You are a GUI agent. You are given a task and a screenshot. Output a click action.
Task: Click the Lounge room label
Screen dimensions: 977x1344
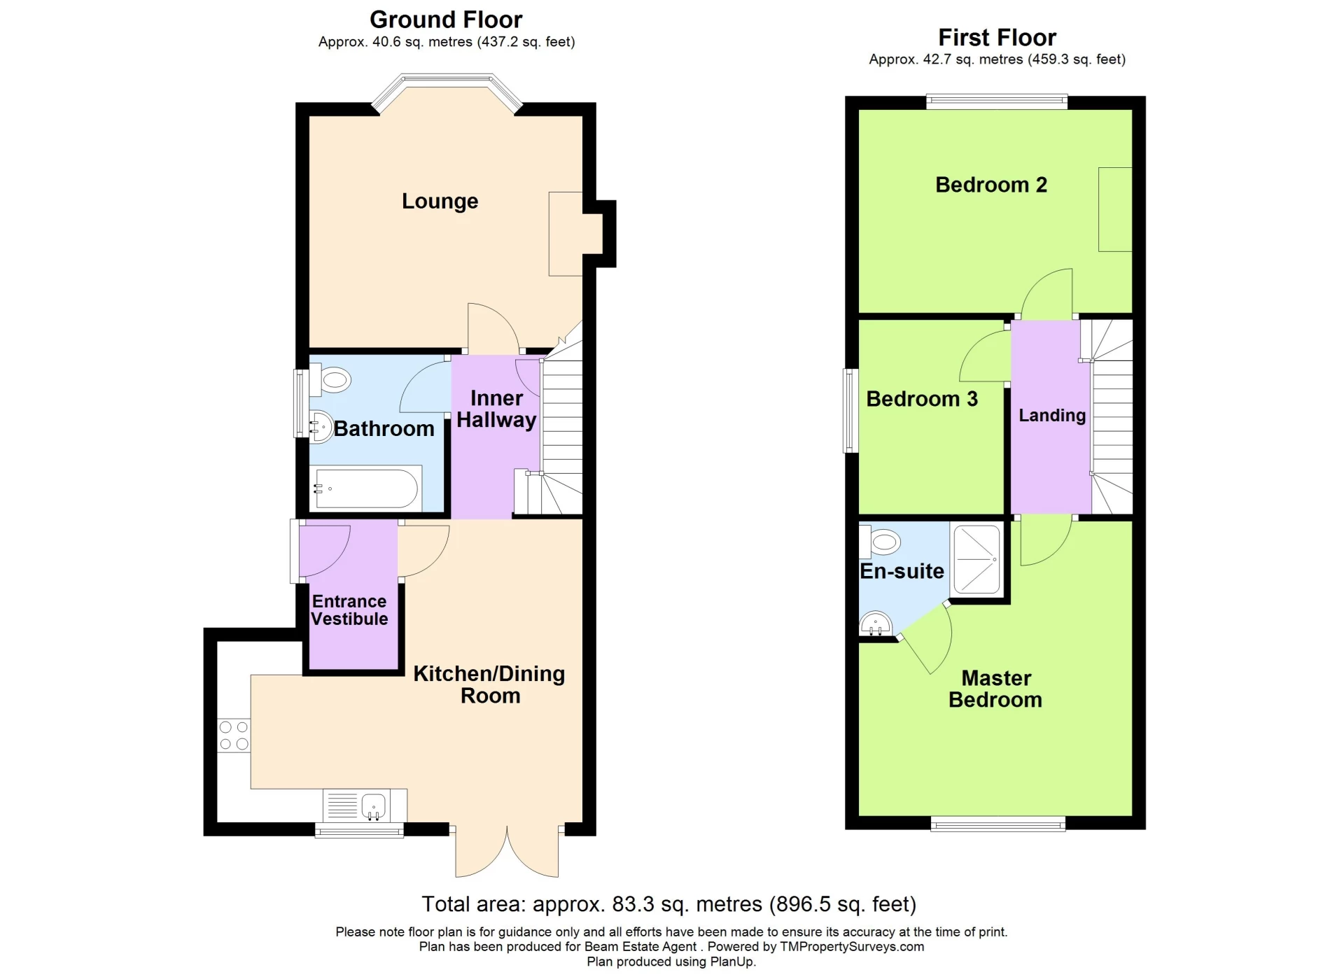pyautogui.click(x=440, y=202)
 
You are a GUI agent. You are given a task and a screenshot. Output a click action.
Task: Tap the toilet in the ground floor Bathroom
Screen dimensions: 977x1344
pyautogui.click(x=331, y=381)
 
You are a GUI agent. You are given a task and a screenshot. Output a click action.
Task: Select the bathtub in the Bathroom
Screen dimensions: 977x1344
pyautogui.click(x=366, y=487)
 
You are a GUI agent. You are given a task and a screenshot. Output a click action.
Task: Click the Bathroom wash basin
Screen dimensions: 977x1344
pyautogui.click(x=320, y=426)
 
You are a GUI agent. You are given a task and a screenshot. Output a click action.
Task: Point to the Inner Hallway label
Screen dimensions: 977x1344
pyautogui.click(x=496, y=409)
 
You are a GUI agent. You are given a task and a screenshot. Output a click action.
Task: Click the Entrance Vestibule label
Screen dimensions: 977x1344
pyautogui.click(x=349, y=610)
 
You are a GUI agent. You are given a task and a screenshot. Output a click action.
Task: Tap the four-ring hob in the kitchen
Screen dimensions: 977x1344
pyautogui.click(x=234, y=736)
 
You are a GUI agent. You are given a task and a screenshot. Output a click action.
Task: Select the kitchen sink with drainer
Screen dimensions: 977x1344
pyautogui.click(x=365, y=806)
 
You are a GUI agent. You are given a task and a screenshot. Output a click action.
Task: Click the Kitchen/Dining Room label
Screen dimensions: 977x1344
pyautogui.click(x=489, y=684)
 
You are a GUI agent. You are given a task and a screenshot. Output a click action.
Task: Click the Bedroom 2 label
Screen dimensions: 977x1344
pyautogui.click(x=991, y=185)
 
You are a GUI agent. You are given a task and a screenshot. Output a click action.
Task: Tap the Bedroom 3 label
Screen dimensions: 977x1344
pyautogui.click(x=922, y=399)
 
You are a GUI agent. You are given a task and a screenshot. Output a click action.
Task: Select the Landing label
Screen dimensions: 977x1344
pyautogui.click(x=1051, y=415)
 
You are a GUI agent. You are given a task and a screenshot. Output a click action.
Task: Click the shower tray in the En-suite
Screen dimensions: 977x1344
pyautogui.click(x=976, y=559)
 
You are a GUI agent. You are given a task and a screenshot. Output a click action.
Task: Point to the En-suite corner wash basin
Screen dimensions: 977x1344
pyautogui.click(x=875, y=624)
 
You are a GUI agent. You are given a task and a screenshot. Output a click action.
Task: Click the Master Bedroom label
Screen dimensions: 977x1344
pyautogui.click(x=995, y=689)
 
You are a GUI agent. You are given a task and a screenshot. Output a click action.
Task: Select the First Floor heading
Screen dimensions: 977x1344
pyautogui.click(x=997, y=37)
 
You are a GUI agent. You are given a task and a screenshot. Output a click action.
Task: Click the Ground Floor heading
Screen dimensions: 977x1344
pyautogui.click(x=446, y=20)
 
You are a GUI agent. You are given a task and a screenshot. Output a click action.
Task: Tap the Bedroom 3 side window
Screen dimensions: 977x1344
pyautogui.click(x=851, y=410)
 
